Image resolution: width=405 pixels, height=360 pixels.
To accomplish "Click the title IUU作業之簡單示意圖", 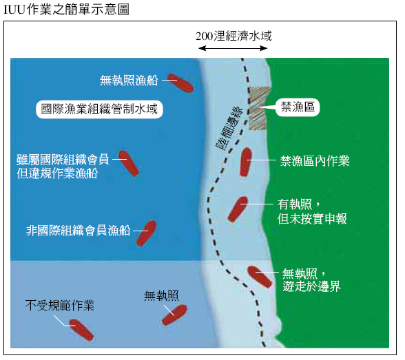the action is point(66,10).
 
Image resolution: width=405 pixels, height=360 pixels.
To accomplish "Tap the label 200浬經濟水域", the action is point(233,36).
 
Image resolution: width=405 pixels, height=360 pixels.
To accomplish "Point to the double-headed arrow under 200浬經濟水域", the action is point(233,48).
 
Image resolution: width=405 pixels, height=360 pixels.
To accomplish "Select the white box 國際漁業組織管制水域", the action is point(99,109).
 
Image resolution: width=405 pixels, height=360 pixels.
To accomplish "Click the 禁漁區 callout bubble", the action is point(298,107).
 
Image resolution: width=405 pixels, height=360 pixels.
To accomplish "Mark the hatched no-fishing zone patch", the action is point(259,108).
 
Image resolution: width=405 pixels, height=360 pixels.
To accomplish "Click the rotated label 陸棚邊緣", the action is point(229,129).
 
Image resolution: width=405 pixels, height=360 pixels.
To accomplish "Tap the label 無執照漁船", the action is point(129,81).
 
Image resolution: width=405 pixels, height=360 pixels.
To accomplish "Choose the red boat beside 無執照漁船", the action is point(180,83).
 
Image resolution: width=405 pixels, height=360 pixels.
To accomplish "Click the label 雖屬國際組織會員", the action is point(63,160).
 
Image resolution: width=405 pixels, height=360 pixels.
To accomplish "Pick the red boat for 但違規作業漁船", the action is point(129,163).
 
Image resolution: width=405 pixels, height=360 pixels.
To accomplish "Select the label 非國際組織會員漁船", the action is point(78,231).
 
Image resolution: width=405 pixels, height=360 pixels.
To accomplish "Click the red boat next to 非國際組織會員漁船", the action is point(147,233).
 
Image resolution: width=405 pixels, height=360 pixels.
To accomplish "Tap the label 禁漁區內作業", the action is point(315,161).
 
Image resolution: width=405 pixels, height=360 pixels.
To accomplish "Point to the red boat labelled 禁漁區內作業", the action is point(246,162).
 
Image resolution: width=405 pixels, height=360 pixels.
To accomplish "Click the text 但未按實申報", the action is point(312,219).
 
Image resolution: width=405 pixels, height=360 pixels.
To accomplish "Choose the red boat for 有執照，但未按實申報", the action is point(238,209).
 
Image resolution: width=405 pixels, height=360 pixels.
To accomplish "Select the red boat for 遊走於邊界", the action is point(260,277).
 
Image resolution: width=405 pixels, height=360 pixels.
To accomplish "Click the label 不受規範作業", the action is point(60,306).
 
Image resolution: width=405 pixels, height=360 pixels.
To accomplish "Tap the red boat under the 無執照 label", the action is point(174,315).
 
